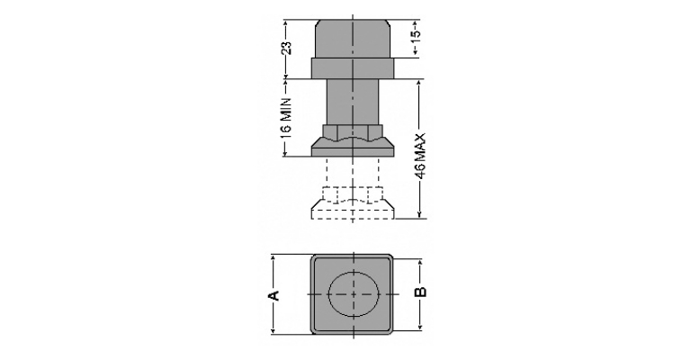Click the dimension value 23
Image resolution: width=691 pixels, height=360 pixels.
tap(287, 48)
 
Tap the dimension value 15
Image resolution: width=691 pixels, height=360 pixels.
tap(416, 34)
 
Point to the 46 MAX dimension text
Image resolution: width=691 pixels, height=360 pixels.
tap(420, 157)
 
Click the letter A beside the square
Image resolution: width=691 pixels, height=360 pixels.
tap(274, 295)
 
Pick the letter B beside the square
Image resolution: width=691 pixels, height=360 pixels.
tap(421, 292)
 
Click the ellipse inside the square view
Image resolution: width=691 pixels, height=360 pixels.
tap(354, 294)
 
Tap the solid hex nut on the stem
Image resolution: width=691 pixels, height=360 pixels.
tap(353, 131)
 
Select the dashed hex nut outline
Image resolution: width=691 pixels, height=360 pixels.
tap(353, 194)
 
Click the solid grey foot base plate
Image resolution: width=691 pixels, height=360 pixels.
tap(353, 148)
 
